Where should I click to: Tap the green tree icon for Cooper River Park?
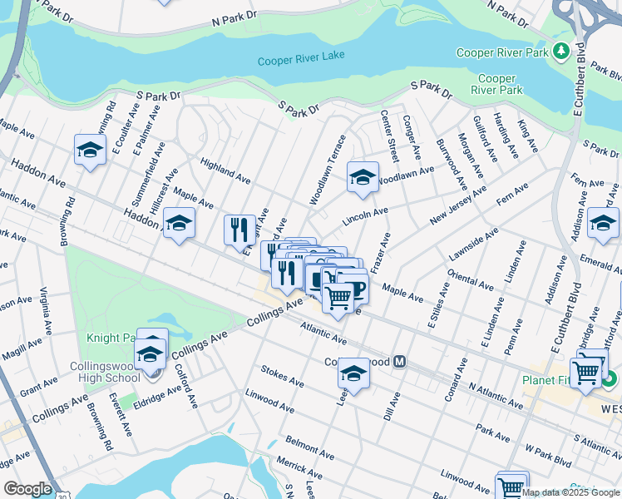point(561,52)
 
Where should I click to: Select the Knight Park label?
point(110,338)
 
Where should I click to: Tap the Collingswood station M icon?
point(400,362)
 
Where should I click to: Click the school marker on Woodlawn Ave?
point(363,177)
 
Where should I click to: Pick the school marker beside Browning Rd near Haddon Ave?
point(90,151)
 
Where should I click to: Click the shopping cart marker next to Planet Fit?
point(587,374)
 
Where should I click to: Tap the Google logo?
point(27,489)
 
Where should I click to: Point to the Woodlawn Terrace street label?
point(326,170)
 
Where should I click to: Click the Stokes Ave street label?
point(282,375)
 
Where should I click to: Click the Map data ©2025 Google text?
point(570,492)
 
